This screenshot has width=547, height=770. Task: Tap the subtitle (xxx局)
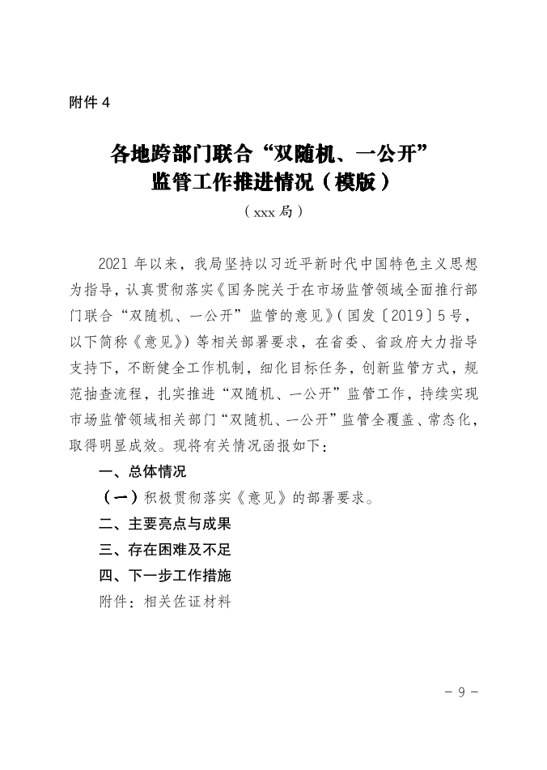tap(273, 212)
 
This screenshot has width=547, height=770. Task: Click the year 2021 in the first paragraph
tap(114, 264)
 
